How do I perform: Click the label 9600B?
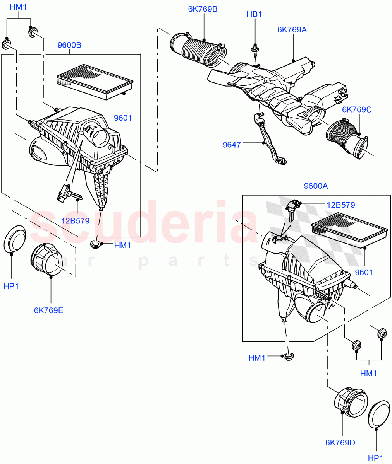click(x=69, y=45)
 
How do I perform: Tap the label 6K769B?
click(x=203, y=9)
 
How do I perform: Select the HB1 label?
click(x=254, y=14)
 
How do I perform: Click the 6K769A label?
click(x=292, y=29)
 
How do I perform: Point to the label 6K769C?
click(x=357, y=110)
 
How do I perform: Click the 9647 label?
click(x=232, y=145)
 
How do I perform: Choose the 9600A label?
click(x=316, y=186)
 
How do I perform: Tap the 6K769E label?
click(x=48, y=310)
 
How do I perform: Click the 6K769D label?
click(x=340, y=442)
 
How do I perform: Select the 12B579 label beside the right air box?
click(x=340, y=205)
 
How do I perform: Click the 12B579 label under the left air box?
click(x=75, y=221)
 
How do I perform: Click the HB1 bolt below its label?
click(x=255, y=49)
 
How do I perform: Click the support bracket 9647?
click(x=267, y=139)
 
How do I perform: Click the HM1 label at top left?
click(x=18, y=7)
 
